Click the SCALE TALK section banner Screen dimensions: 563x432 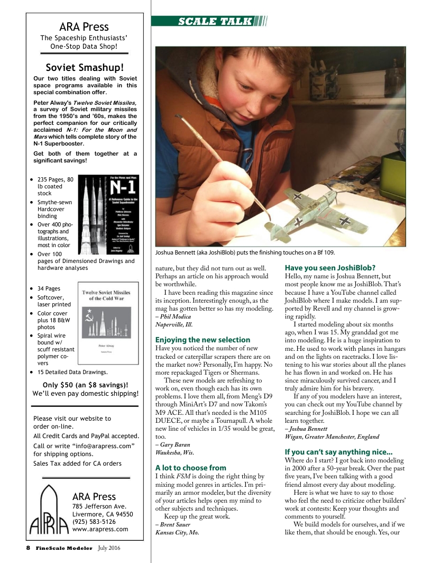[209, 21]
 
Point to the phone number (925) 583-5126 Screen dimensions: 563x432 [94, 521]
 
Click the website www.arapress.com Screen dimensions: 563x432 [100, 529]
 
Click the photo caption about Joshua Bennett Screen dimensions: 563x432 [245, 252]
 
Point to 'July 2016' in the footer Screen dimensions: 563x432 [109, 548]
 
